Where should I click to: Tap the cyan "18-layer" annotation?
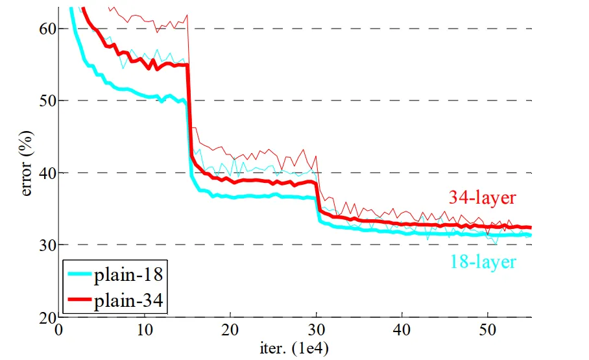click(x=483, y=262)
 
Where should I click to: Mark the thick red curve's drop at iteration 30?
click(x=317, y=198)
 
